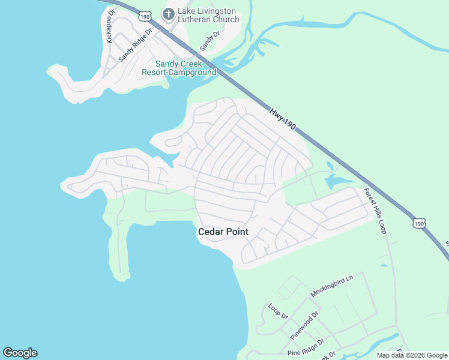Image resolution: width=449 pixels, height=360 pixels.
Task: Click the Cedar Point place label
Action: (223, 232)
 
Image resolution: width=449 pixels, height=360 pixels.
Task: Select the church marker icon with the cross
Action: (169, 13)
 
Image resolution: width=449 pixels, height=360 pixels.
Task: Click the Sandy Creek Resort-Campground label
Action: (179, 68)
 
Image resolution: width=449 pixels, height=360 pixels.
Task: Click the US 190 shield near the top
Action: (144, 16)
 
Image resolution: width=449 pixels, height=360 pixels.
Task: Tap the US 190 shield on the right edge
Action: (418, 223)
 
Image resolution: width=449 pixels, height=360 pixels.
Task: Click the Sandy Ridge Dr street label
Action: (136, 45)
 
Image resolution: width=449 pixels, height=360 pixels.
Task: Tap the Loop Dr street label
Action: (278, 311)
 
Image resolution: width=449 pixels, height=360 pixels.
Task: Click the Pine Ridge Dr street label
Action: (306, 347)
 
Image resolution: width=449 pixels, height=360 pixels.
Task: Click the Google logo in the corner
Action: (20, 353)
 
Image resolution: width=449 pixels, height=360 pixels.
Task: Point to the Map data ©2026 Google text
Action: (412, 355)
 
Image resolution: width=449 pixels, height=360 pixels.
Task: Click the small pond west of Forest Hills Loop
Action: (336, 181)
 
